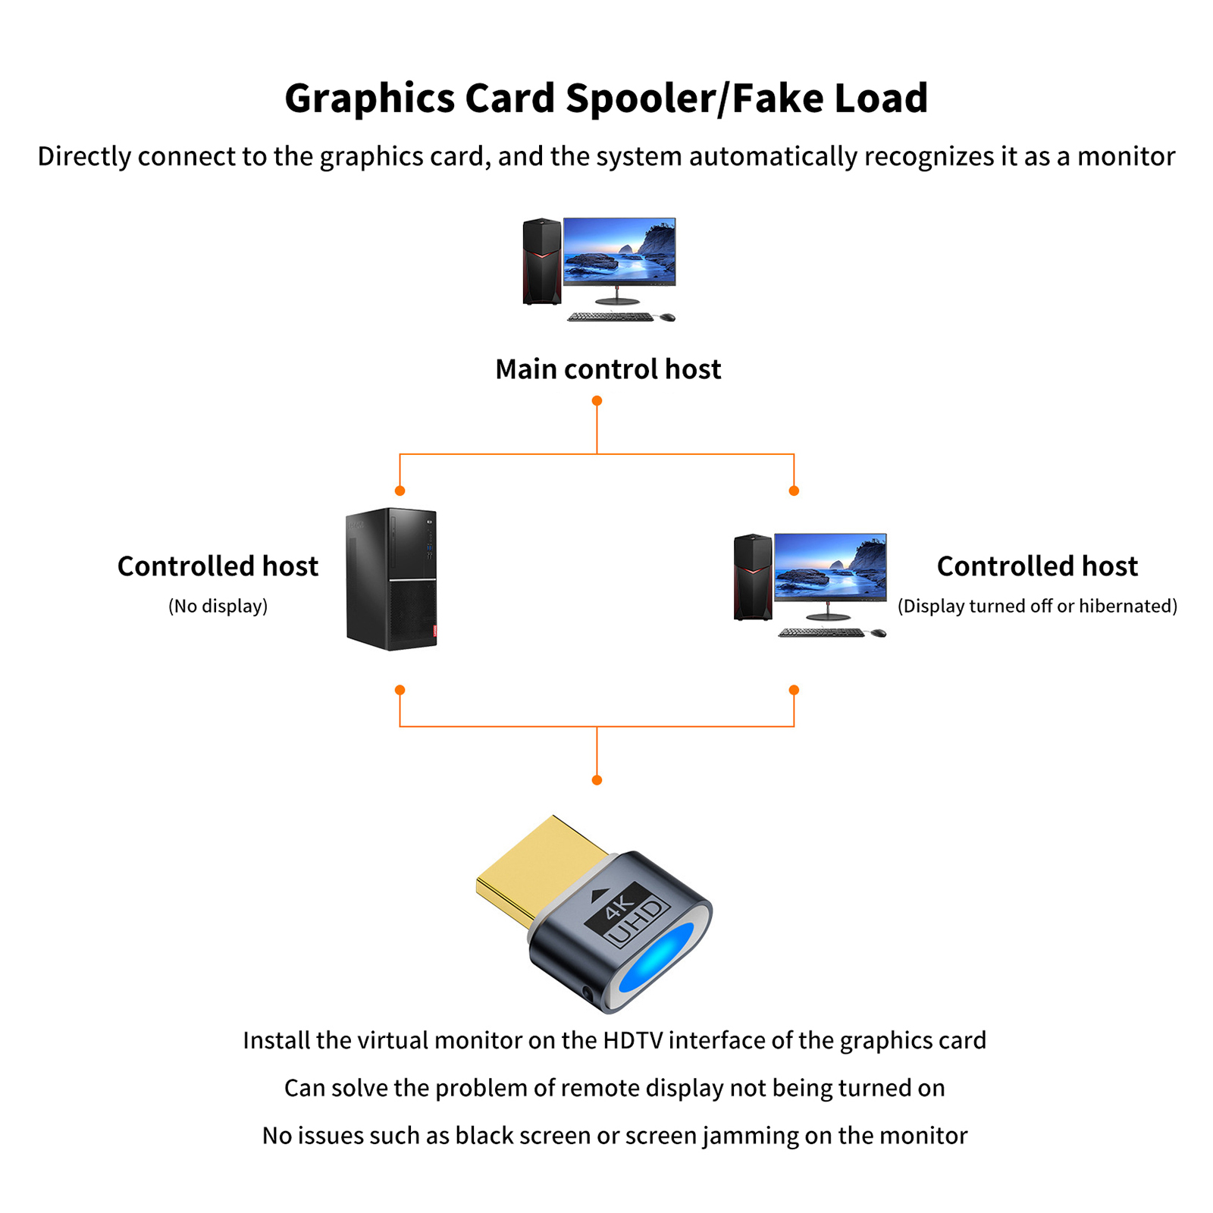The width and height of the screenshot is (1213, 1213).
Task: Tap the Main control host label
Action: tap(608, 369)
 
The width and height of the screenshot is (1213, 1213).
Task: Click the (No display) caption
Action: tap(218, 606)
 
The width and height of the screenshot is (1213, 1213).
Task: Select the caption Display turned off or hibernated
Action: tap(1037, 606)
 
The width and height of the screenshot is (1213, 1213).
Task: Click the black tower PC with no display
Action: tap(391, 579)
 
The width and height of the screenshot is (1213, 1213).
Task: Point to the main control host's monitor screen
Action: tap(619, 251)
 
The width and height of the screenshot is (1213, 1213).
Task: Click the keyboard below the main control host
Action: tap(610, 317)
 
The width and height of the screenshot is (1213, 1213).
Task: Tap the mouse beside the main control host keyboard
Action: tap(667, 317)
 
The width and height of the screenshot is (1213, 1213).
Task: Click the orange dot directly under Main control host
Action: tap(597, 400)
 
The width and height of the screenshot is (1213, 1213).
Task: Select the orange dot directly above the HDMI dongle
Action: tap(597, 780)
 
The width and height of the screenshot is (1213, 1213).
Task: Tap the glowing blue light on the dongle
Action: tap(657, 958)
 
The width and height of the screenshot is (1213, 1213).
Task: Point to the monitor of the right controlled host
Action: tap(830, 567)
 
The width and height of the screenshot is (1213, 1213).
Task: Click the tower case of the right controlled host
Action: tap(753, 577)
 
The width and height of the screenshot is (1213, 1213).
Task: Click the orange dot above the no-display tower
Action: tap(400, 491)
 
